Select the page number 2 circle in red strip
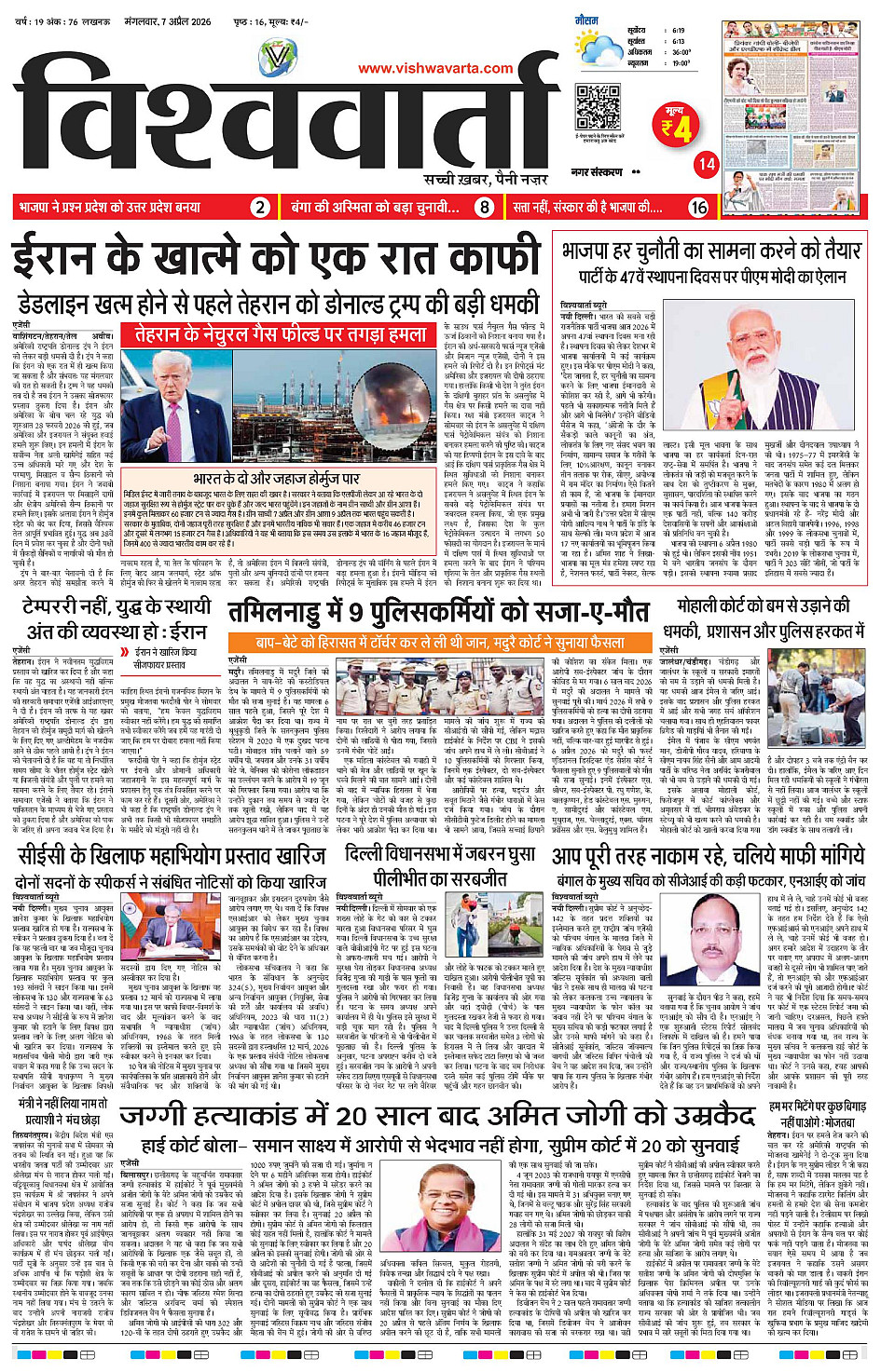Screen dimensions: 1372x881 pyautogui.click(x=261, y=208)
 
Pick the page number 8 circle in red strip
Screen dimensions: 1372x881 pyautogui.click(x=484, y=208)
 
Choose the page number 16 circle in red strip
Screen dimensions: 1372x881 pyautogui.click(x=698, y=208)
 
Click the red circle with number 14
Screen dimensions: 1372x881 pyautogui.click(x=707, y=164)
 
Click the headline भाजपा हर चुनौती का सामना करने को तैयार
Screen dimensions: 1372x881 pyautogui.click(x=710, y=251)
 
